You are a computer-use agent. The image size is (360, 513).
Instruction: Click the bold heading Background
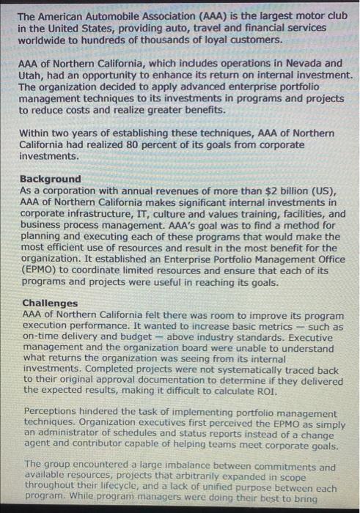(x=51, y=179)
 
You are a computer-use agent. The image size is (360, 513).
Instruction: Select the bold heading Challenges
(x=50, y=303)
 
